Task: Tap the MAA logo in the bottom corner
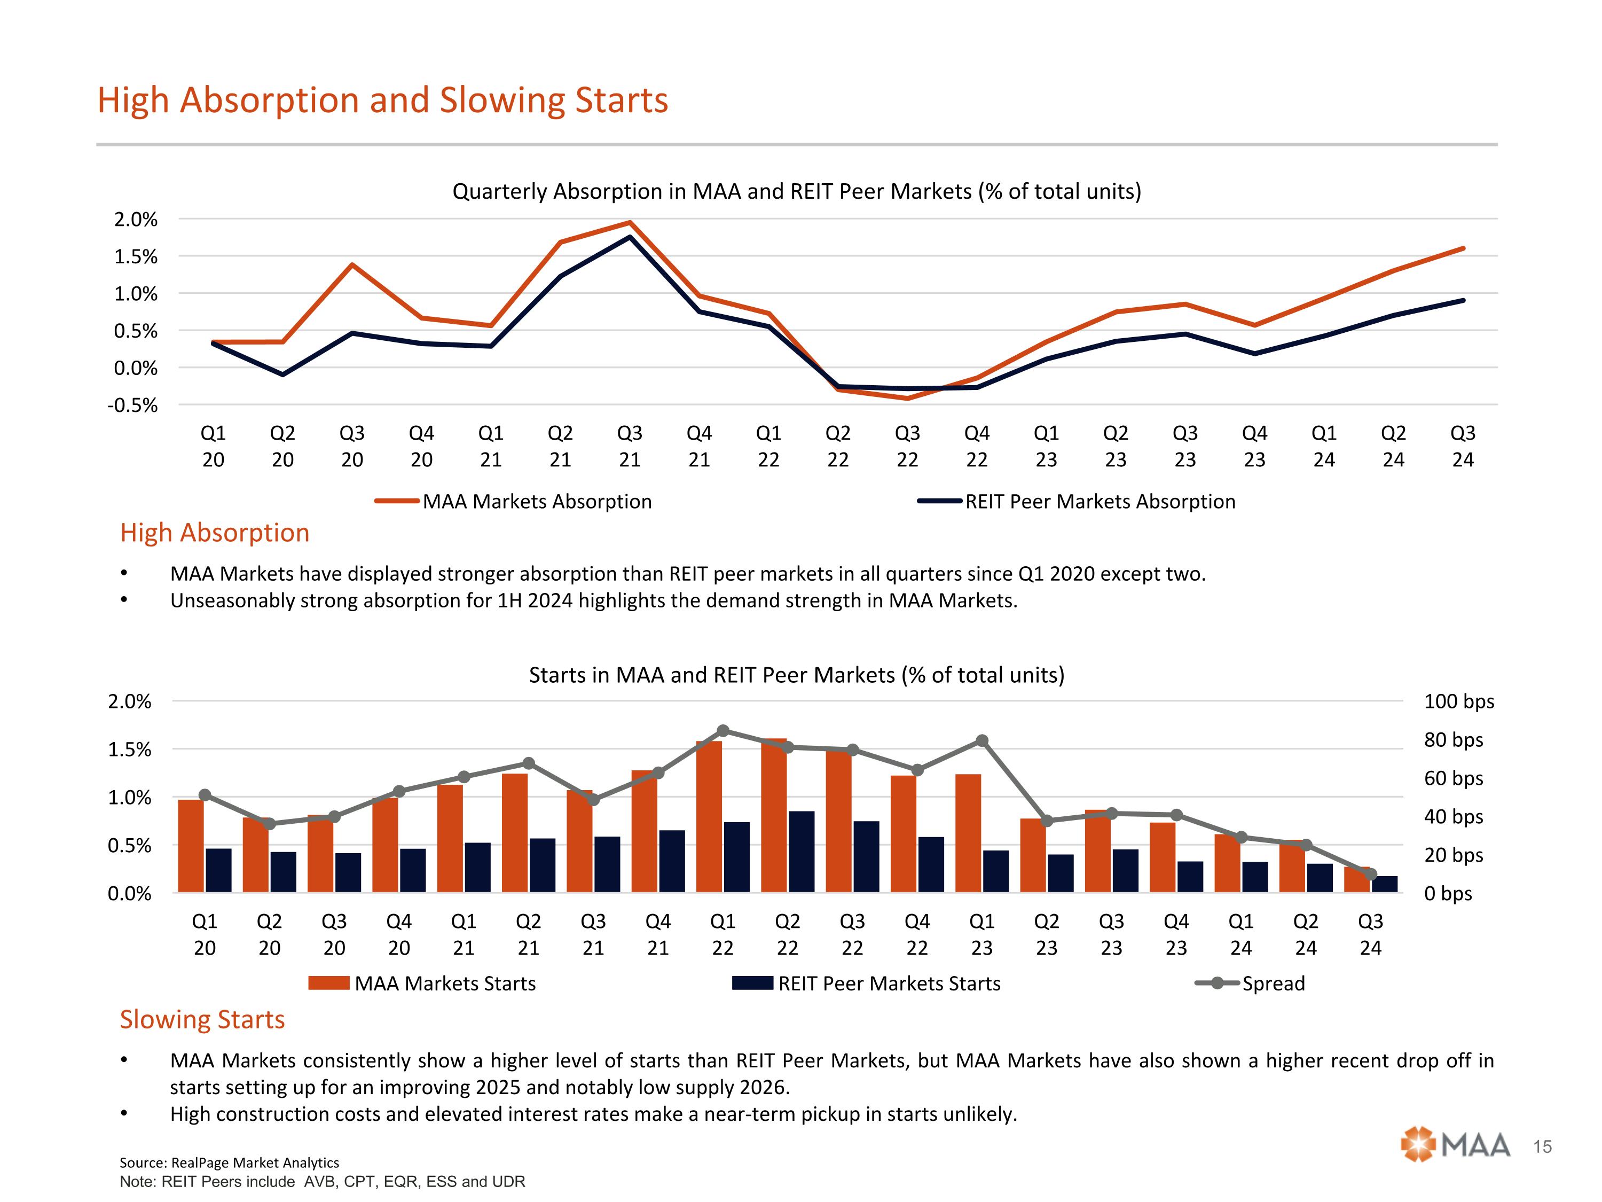tap(1455, 1145)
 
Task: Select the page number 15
tap(1543, 1147)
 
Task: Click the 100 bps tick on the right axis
tap(1458, 701)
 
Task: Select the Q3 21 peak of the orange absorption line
tap(630, 223)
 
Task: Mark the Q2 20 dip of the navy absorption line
tap(282, 374)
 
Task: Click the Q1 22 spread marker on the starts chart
tap(723, 730)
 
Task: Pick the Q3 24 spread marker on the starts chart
tap(1370, 875)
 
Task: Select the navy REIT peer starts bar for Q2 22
tap(802, 852)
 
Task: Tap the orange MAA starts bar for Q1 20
tap(191, 846)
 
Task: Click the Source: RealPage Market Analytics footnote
tap(229, 1163)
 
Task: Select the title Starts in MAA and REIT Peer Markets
tap(797, 675)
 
